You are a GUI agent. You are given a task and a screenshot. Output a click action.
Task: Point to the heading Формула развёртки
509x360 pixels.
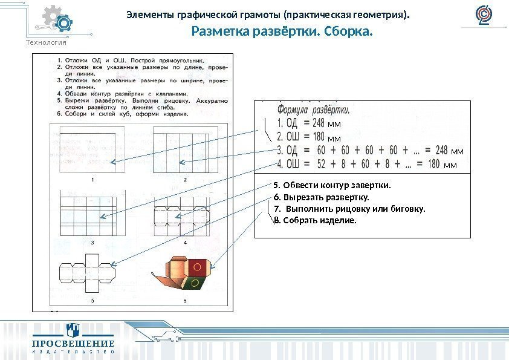313,110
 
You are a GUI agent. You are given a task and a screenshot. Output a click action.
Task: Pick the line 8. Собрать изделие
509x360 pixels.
315,220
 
